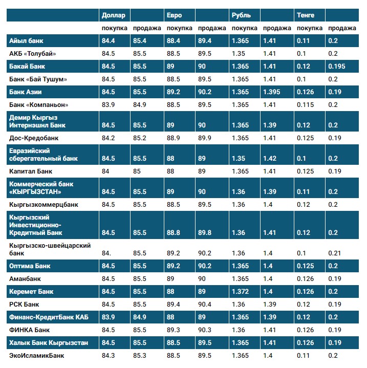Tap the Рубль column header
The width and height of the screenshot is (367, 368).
[241, 15]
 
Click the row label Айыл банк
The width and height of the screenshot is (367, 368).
[27, 40]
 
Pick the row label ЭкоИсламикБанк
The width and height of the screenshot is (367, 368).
[37, 355]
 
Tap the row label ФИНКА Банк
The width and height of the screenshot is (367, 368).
[30, 330]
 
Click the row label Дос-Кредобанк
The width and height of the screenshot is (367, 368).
[34, 138]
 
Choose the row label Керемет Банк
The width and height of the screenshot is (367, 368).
[32, 292]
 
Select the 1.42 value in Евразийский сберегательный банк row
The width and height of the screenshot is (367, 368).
[269, 159]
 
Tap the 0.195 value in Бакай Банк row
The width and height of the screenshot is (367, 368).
[337, 66]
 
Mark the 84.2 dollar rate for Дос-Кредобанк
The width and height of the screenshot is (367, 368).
[109, 138]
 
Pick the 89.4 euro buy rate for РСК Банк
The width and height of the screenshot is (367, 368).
[174, 305]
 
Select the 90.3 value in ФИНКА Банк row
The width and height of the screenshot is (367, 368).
[205, 330]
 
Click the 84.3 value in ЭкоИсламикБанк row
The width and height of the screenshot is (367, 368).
[109, 355]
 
